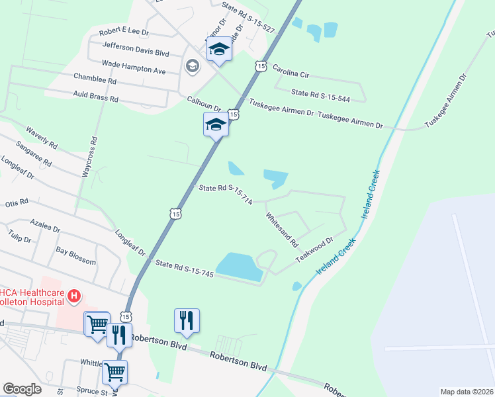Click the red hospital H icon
[x=75, y=295]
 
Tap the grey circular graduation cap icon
[x=192, y=65]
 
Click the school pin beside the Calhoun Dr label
[x=216, y=124]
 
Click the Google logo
[x=22, y=389]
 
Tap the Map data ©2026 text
[x=466, y=392]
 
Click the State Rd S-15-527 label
[x=248, y=9]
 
